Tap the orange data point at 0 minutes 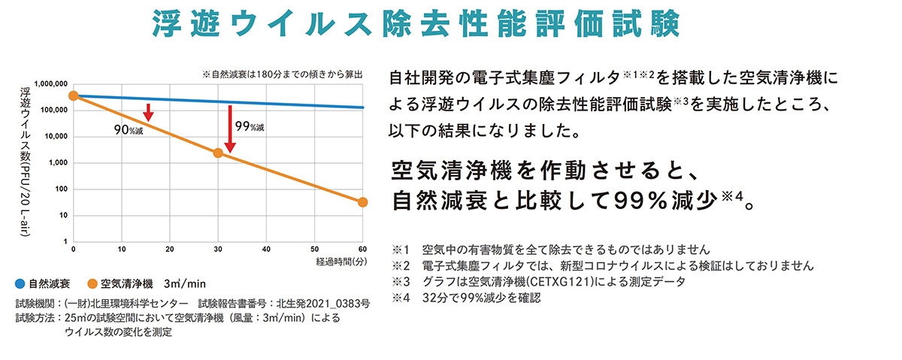click(73, 95)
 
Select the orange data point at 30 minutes click(218, 153)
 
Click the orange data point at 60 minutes click(362, 202)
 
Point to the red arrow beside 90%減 click(148, 112)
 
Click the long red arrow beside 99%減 click(229, 129)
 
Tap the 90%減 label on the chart click(128, 129)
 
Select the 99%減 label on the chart click(250, 126)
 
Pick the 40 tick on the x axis click(266, 249)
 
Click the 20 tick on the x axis click(169, 249)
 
